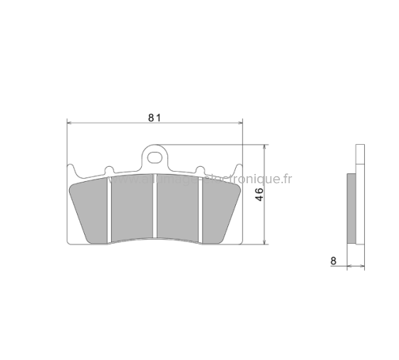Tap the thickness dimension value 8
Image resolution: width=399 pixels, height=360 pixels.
click(333, 261)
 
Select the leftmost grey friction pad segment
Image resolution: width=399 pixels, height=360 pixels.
click(91, 211)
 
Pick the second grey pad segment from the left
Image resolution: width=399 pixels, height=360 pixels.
click(133, 208)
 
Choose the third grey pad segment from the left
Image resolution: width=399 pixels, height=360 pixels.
click(179, 208)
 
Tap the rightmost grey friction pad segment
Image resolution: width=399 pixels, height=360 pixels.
click(220, 211)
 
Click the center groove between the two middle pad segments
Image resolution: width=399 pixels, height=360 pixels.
click(156, 207)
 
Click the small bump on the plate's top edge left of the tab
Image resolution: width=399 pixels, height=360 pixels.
click(108, 170)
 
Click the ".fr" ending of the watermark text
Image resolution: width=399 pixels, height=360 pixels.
click(286, 180)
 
